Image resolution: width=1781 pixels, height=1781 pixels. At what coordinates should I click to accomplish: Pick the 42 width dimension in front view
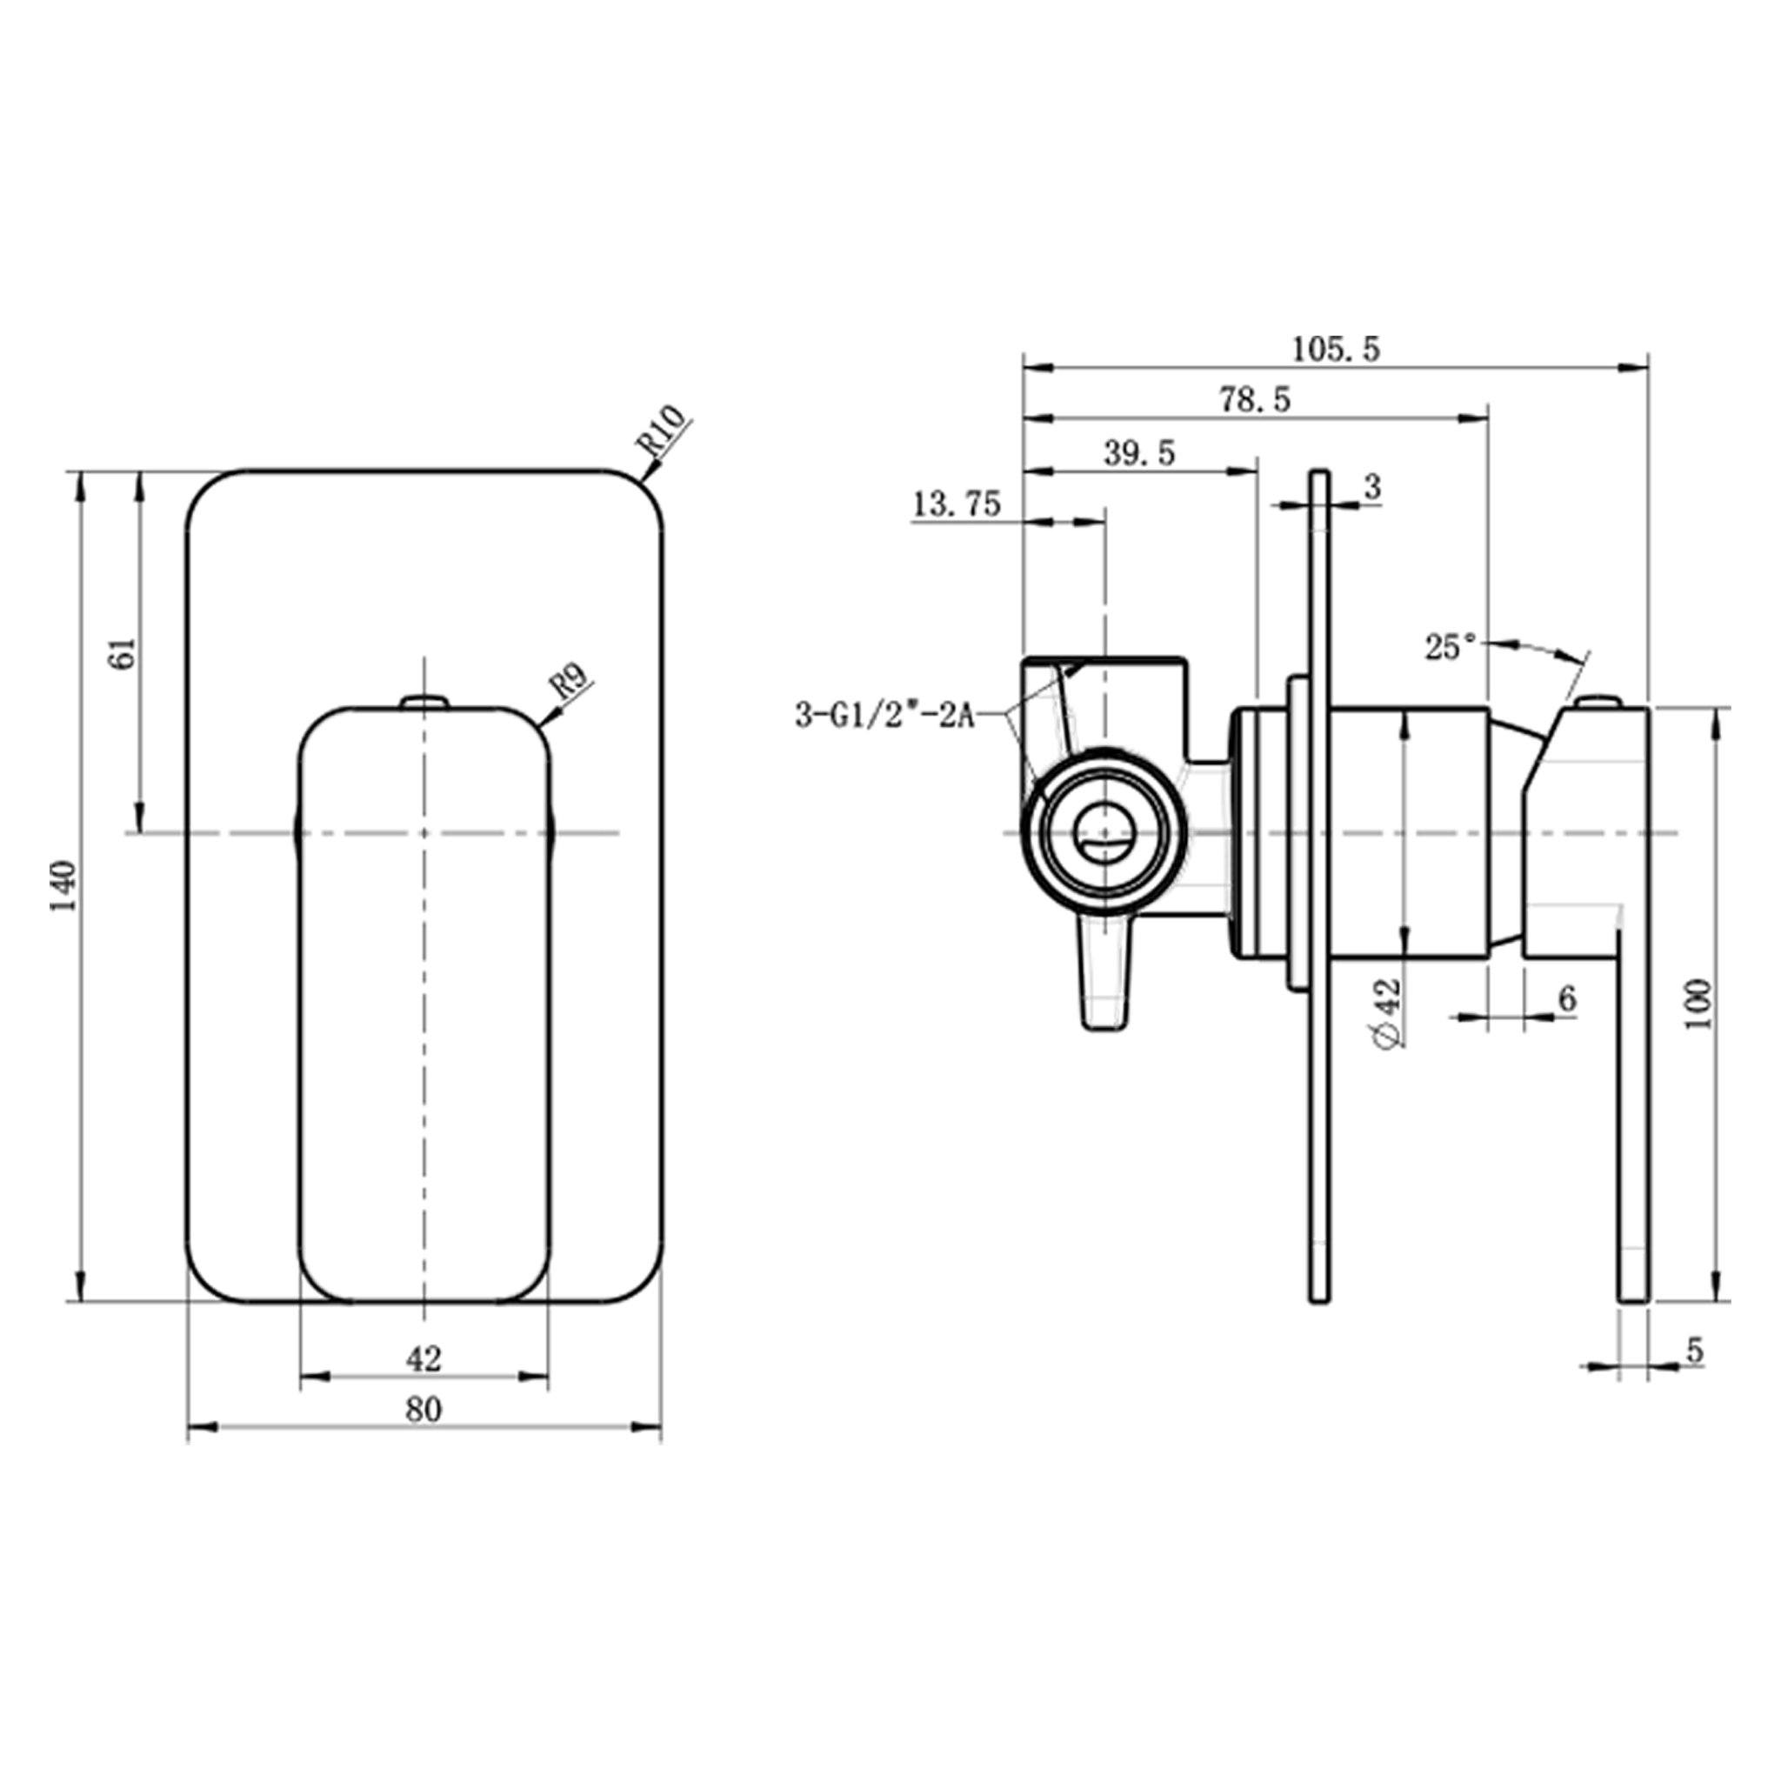click(x=424, y=1357)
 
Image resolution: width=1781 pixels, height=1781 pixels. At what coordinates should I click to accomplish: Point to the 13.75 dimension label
click(x=956, y=504)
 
